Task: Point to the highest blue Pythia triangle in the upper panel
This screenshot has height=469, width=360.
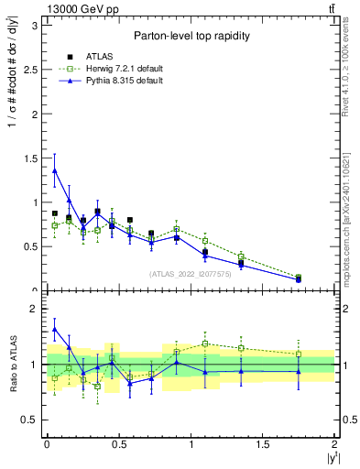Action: (55, 170)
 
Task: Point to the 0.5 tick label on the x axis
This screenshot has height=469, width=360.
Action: (119, 444)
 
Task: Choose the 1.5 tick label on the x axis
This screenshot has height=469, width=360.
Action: (263, 444)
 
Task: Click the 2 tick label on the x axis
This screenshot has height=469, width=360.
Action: (334, 444)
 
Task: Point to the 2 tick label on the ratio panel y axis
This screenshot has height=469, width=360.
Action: (35, 309)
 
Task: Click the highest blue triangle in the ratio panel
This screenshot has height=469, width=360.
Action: (55, 329)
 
